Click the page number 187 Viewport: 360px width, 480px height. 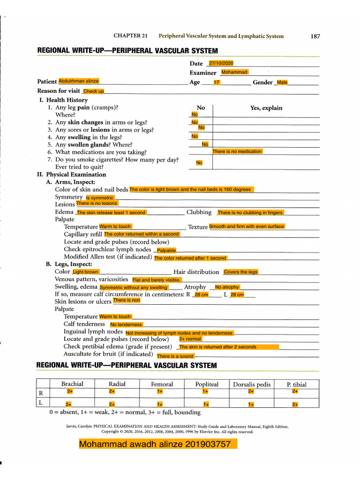point(315,36)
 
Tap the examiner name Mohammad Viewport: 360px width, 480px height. point(234,72)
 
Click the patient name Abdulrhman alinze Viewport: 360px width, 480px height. point(79,81)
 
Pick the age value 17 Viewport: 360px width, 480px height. point(217,82)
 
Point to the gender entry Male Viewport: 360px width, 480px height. point(282,82)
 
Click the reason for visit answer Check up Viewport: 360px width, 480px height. point(93,91)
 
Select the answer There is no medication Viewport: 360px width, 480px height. point(237,151)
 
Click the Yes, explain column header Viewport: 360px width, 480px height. point(266,108)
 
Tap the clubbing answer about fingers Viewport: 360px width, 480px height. point(250,212)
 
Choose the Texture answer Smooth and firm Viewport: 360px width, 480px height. point(247,226)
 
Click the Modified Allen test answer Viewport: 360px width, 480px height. point(190,258)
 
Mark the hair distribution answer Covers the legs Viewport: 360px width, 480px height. point(240,272)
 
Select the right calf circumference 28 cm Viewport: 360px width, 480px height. point(202,295)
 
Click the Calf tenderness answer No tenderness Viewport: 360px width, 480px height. point(126,324)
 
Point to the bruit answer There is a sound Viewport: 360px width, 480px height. point(175,356)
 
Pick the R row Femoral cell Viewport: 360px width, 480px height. point(160,391)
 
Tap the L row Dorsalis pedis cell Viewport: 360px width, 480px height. point(251,404)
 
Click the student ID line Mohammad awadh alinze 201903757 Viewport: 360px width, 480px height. point(158,443)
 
